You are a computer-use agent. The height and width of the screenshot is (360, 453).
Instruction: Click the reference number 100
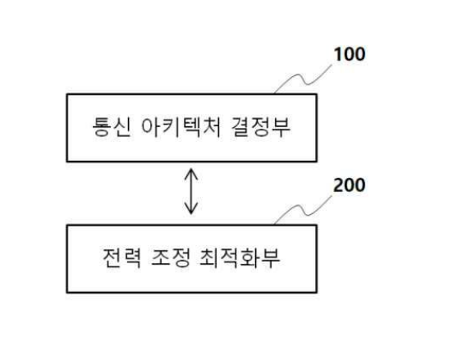tap(350, 54)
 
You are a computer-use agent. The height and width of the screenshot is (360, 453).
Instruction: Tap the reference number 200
tap(350, 185)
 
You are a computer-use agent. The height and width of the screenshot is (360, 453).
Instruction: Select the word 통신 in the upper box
tap(112, 127)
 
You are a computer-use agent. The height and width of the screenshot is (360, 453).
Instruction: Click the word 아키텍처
tap(181, 127)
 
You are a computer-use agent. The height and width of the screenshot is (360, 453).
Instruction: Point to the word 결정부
tap(261, 127)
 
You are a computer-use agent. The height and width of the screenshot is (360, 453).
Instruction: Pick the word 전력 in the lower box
tap(121, 257)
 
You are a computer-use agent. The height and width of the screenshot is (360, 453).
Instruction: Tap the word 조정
tap(171, 257)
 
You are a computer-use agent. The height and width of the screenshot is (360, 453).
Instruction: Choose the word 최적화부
tap(240, 257)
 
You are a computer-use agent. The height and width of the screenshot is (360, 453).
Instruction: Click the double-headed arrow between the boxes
tap(191, 191)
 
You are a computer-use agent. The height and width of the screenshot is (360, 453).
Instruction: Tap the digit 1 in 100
tap(337, 54)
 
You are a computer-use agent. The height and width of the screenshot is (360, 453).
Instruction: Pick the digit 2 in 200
tap(338, 185)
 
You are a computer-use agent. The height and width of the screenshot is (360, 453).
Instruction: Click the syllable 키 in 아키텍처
tap(172, 127)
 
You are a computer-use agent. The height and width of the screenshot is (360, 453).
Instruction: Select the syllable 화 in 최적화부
tap(251, 257)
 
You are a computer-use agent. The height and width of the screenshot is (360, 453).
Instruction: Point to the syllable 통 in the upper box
tap(102, 127)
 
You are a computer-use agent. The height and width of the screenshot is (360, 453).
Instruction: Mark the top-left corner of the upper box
tap(67, 94)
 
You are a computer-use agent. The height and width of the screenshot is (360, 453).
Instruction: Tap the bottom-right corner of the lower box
tap(317, 293)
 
